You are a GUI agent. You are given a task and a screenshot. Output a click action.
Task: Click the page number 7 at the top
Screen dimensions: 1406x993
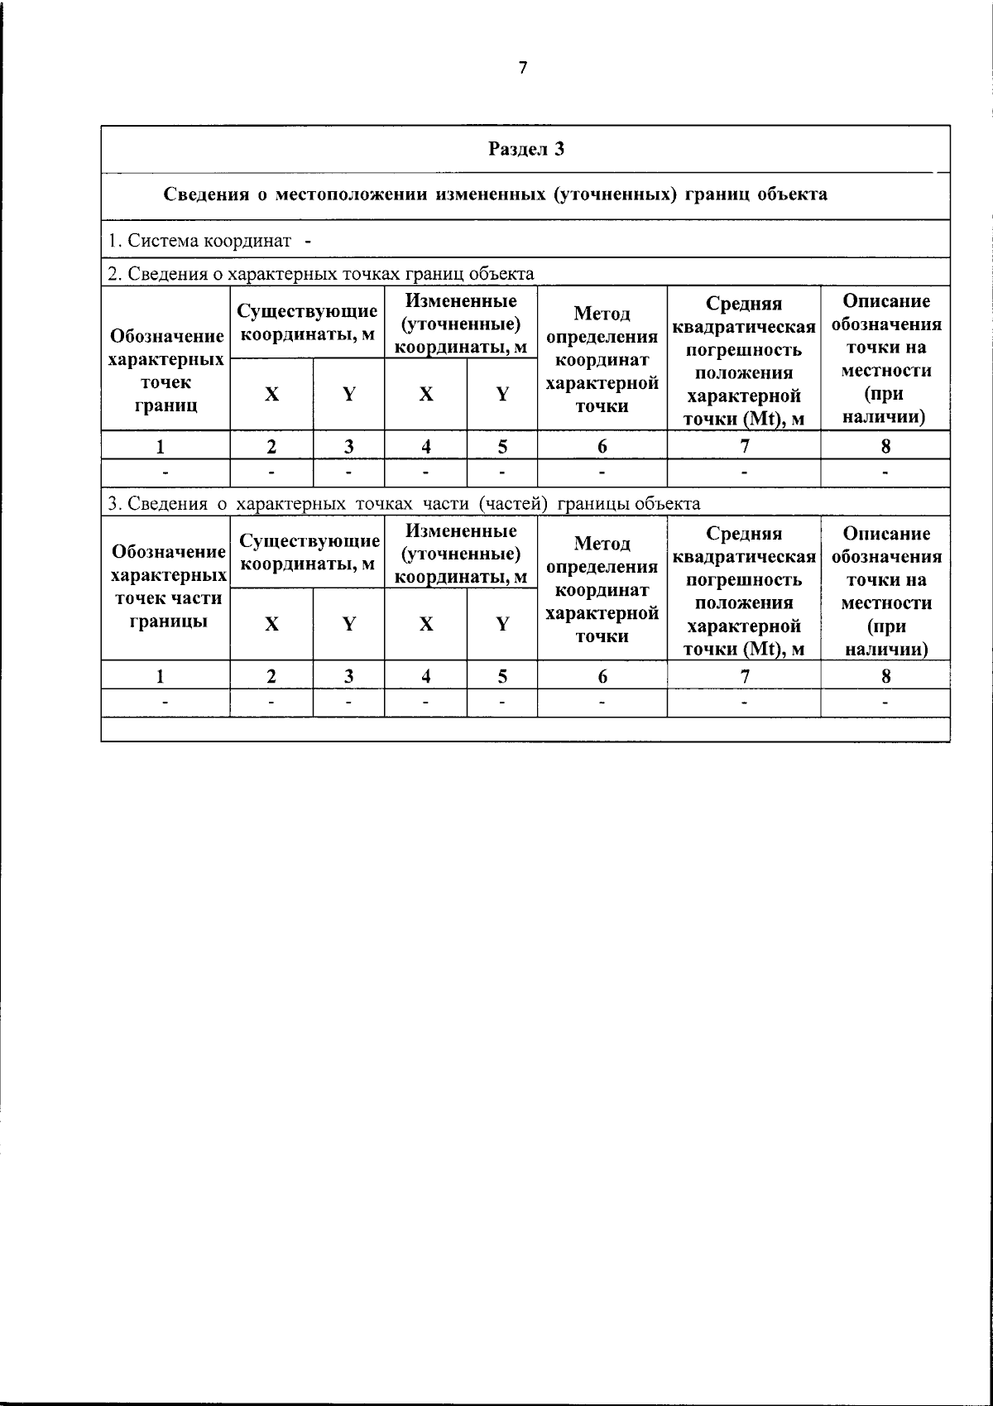522,68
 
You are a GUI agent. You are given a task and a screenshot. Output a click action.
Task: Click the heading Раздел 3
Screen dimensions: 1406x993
525,149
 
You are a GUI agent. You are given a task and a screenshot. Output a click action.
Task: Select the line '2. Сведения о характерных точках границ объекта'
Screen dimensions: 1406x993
321,273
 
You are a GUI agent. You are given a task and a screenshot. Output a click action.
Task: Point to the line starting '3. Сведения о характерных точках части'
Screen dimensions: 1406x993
405,503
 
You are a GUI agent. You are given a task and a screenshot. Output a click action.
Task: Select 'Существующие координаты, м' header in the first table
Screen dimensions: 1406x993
307,323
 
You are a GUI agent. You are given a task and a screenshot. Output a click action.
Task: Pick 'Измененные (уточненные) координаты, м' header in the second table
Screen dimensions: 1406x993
461,554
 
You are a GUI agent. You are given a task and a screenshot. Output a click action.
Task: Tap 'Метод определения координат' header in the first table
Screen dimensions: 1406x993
602,359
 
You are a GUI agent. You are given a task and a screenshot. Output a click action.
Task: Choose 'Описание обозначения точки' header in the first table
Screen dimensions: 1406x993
885,358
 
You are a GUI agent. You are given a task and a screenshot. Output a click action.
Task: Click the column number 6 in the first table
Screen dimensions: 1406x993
602,446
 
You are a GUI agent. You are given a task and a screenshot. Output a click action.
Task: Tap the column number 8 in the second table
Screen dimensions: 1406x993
885,676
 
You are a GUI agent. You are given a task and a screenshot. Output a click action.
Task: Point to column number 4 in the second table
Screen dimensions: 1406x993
425,676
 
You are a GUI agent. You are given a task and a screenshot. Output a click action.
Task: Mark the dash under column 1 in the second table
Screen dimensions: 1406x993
166,703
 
